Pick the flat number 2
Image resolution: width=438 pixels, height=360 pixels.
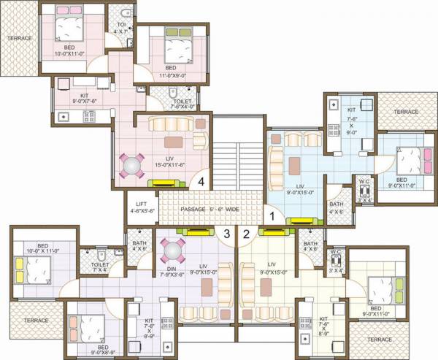[246, 234]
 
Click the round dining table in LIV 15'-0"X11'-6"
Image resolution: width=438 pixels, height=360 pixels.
[133, 166]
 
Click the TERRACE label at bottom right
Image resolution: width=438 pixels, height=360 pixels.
[380, 340]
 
